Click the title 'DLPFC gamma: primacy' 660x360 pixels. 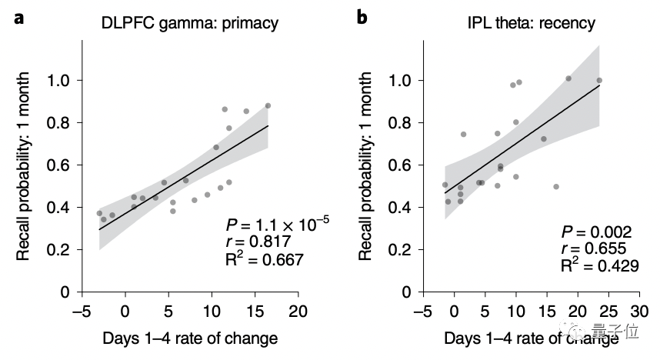pos(190,23)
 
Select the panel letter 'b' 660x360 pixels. pos(362,17)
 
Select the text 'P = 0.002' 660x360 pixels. pos(595,232)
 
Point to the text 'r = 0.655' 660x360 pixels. pos(594,248)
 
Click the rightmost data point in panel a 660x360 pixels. pos(268,106)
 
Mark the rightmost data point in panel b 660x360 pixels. pos(599,80)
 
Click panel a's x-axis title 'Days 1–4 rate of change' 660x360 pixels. pos(189,338)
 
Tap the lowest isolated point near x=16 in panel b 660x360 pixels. pos(556,186)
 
